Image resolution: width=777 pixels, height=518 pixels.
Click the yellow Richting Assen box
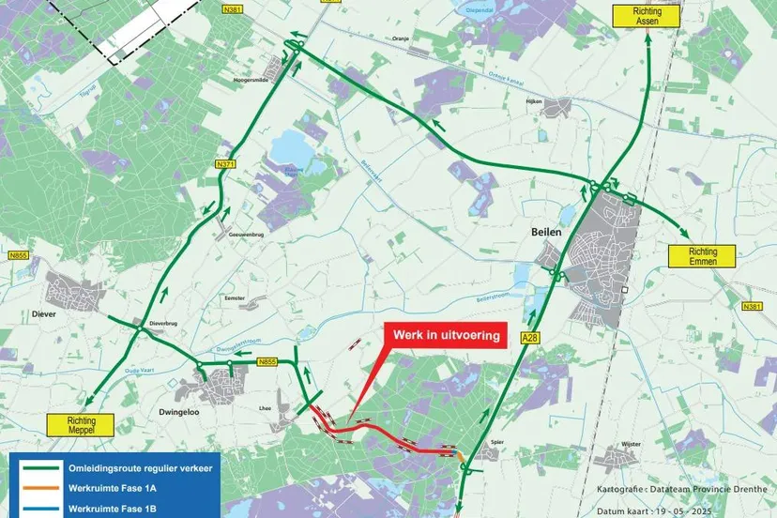click(x=646, y=15)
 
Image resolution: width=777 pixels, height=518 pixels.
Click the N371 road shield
click(x=225, y=164)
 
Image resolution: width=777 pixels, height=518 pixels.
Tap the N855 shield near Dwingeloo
click(x=267, y=361)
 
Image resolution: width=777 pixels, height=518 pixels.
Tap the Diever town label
click(x=44, y=315)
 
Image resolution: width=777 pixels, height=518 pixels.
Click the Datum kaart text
click(x=678, y=510)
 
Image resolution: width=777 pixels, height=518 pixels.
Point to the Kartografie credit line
click(x=678, y=490)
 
